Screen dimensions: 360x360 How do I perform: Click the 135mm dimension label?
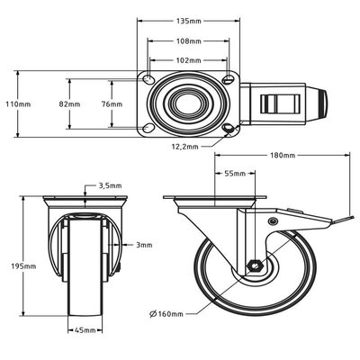click(189, 21)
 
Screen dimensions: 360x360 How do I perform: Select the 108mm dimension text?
click(189, 41)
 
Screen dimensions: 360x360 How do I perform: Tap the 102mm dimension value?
click(188, 60)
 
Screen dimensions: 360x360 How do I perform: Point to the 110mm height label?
click(18, 104)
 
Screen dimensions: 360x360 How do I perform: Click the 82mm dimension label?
click(69, 104)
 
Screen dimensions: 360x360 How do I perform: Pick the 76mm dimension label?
click(112, 104)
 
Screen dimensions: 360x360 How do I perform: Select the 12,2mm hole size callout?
click(184, 147)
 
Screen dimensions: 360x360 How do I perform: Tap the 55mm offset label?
click(235, 174)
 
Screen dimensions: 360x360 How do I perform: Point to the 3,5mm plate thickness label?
click(111, 185)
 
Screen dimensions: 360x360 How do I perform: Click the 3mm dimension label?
click(144, 245)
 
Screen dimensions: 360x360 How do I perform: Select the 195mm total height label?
click(23, 266)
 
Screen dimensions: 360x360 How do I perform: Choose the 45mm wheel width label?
click(85, 330)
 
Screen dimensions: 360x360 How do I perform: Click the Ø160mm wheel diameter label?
click(166, 314)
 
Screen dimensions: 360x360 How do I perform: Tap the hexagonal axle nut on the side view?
click(255, 265)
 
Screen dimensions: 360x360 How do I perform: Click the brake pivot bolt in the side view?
click(273, 221)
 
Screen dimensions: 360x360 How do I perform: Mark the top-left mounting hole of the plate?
click(148, 79)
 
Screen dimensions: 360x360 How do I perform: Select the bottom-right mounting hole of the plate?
click(229, 129)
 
